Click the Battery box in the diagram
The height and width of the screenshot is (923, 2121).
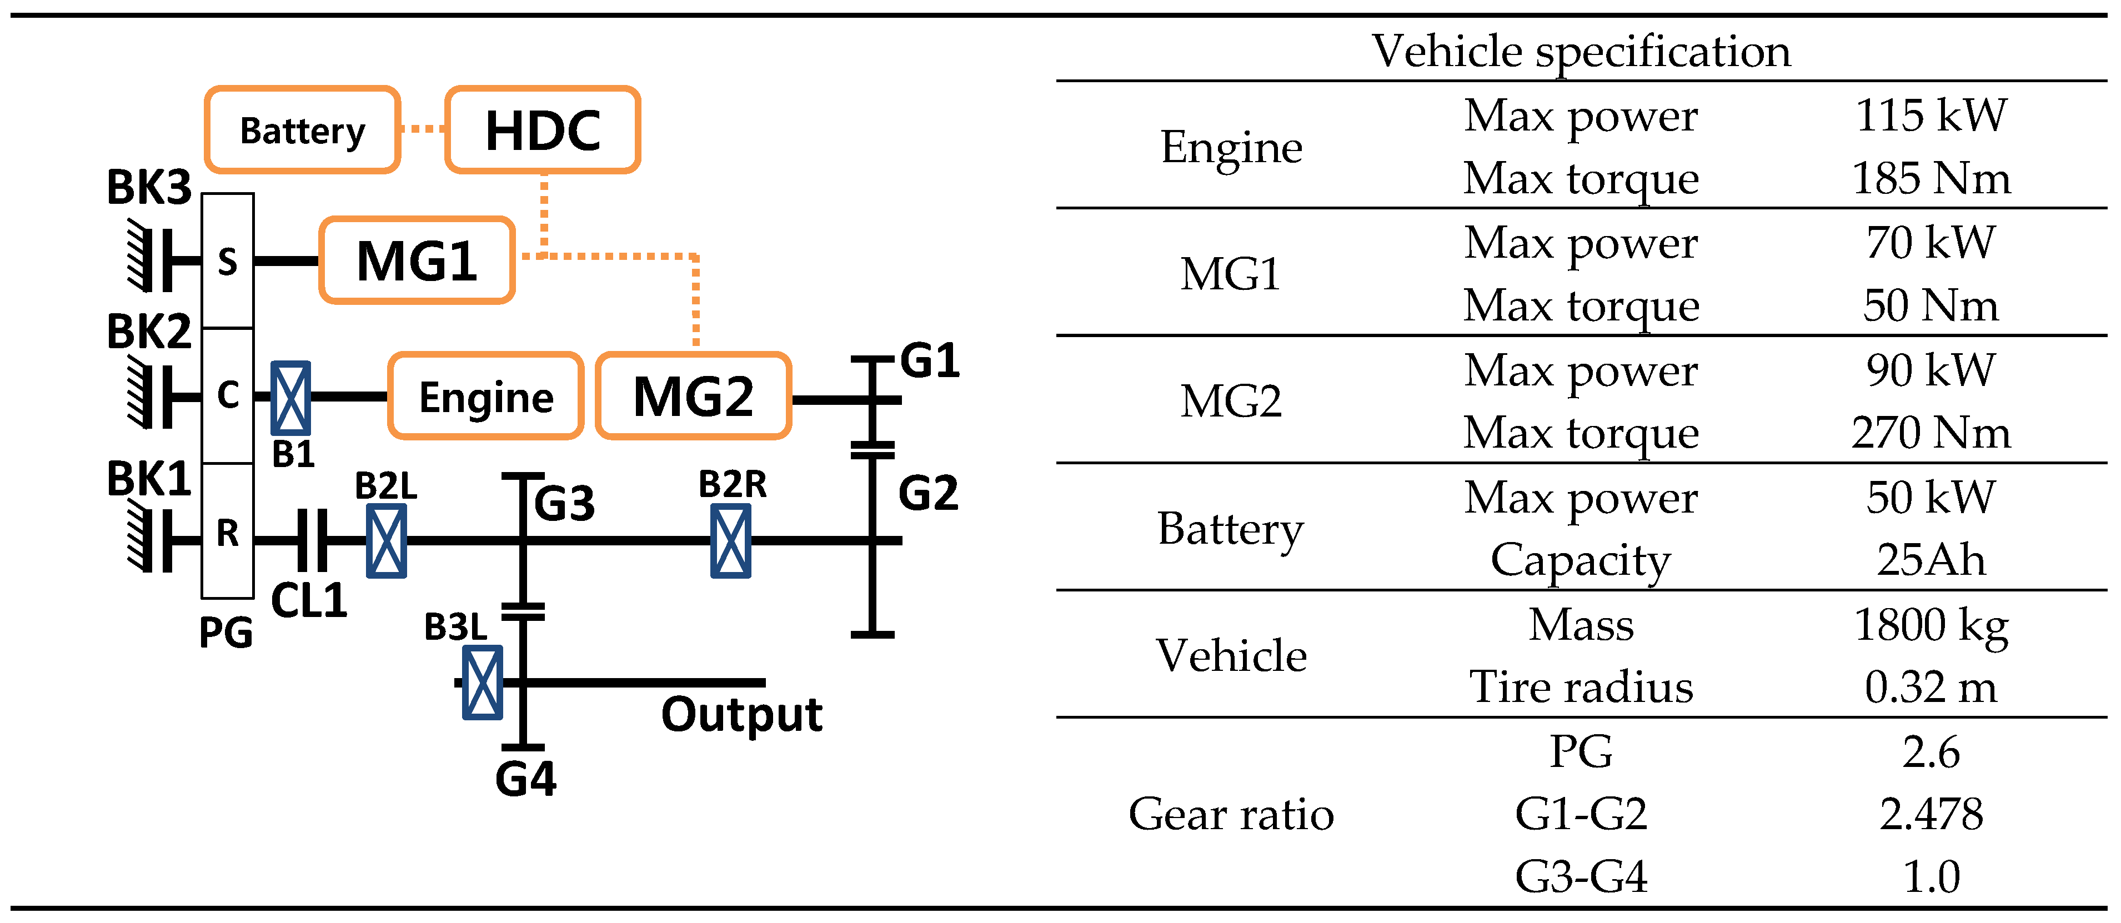[x=302, y=130]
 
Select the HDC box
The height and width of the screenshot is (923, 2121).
[x=543, y=130]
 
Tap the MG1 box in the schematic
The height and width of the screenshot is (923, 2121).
[x=417, y=261]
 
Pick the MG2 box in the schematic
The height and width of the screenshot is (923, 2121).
[x=693, y=396]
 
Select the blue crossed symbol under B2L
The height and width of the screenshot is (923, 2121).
[x=386, y=541]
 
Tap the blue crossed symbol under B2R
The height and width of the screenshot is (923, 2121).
[x=730, y=541]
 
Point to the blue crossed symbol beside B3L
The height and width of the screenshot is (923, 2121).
[x=483, y=683]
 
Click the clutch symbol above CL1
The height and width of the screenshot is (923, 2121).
[x=311, y=541]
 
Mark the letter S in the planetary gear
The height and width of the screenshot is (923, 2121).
[x=227, y=262]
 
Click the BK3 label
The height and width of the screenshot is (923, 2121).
[x=148, y=188]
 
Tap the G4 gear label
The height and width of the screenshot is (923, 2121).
[x=525, y=778]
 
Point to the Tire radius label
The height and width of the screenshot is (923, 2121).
[x=1581, y=686]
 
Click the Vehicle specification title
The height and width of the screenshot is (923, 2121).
[x=1581, y=51]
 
